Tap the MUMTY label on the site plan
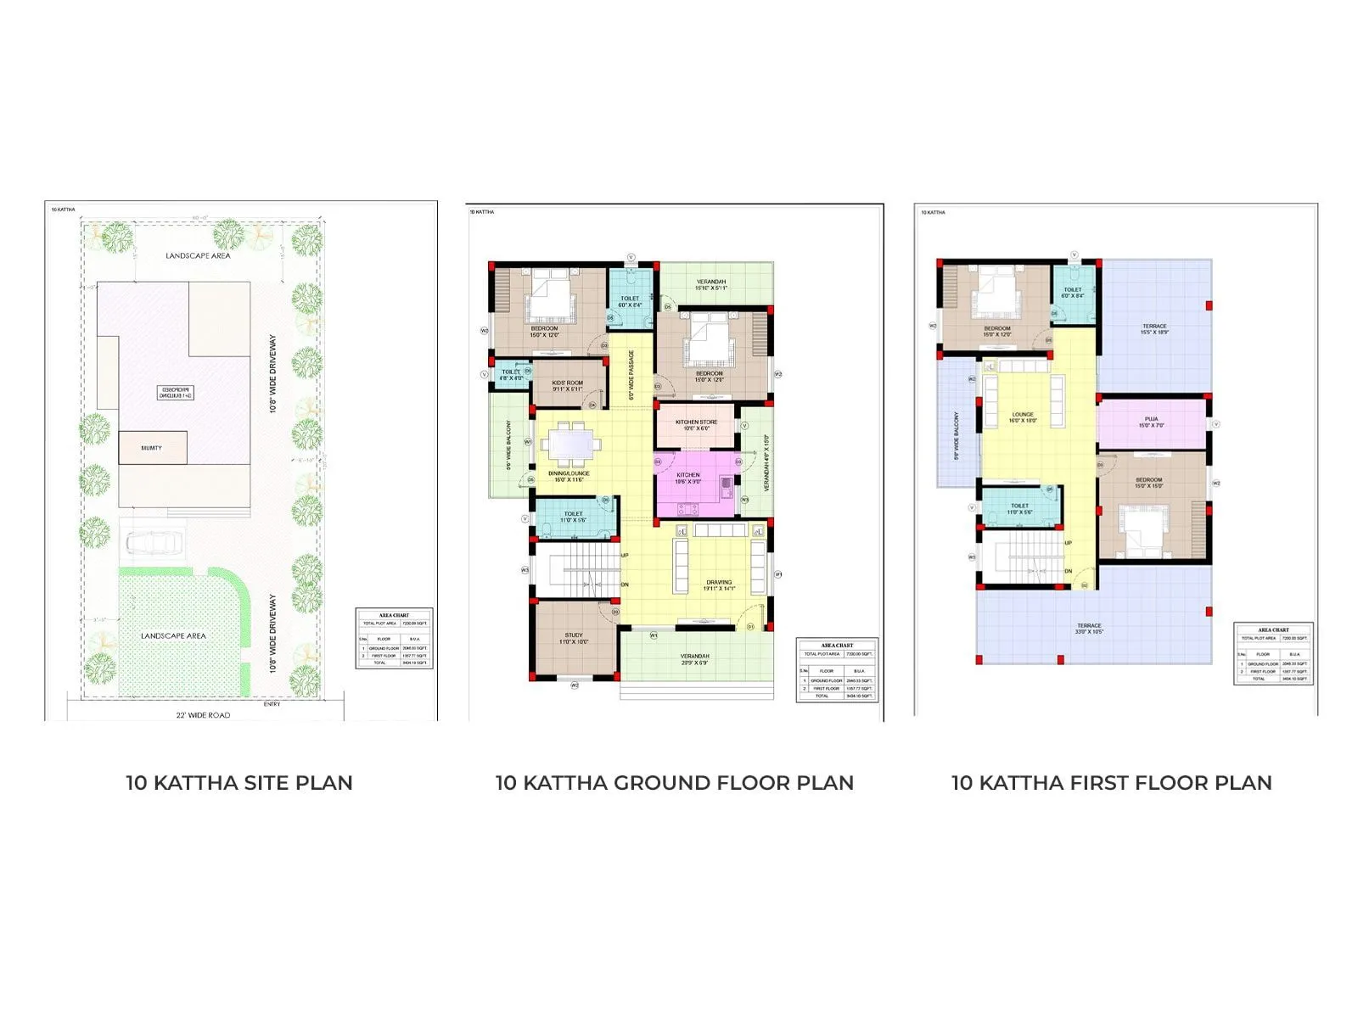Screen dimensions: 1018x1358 [151, 448]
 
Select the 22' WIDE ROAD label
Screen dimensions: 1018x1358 [203, 715]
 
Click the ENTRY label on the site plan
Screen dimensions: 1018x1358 [272, 704]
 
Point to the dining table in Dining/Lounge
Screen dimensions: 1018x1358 [569, 443]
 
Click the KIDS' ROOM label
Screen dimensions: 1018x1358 [568, 383]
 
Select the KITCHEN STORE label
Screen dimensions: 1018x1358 [696, 422]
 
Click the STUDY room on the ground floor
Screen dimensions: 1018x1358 [574, 638]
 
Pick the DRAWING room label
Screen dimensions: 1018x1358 [718, 584]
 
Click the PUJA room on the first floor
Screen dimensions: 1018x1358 [1151, 422]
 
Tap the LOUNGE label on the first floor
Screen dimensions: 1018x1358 [1023, 416]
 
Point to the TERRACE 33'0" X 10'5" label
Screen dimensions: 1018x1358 [1089, 629]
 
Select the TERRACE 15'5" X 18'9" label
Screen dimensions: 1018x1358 [1154, 328]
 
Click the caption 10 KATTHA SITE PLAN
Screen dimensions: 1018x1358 [239, 783]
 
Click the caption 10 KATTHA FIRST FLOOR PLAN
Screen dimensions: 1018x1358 [1111, 783]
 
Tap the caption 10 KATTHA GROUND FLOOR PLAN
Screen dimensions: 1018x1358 [675, 783]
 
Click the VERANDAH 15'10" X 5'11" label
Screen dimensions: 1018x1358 [711, 284]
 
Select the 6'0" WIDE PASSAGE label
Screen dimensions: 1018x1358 [631, 377]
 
